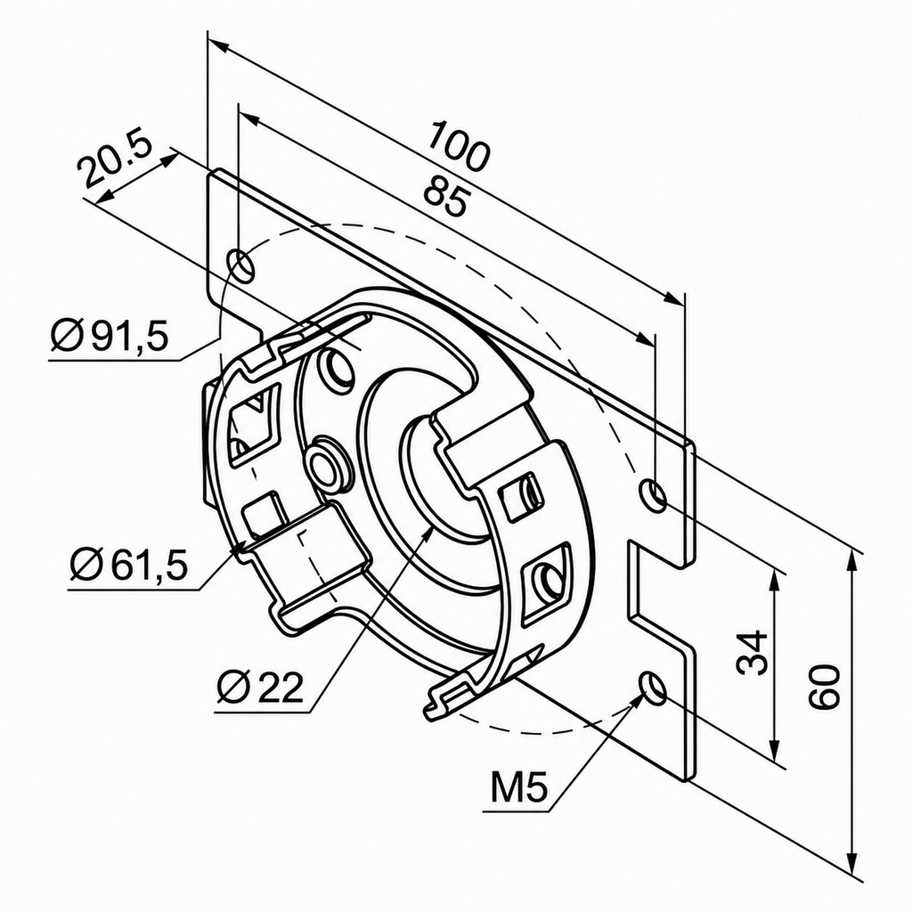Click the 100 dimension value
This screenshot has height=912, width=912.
459,146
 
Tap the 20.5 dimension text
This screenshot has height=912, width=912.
115,161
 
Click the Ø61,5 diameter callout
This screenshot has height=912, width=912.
128,566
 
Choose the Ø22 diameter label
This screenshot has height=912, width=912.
260,688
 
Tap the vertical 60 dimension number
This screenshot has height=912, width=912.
826,687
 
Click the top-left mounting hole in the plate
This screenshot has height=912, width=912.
241,265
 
